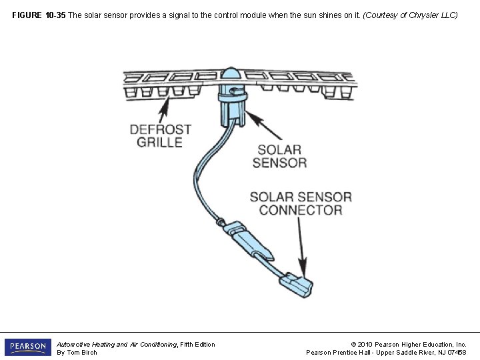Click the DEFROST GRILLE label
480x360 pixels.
160,135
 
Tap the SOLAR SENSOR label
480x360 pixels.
279,156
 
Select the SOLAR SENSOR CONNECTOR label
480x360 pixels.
300,203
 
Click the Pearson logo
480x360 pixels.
28,347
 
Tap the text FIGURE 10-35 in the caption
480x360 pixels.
39,15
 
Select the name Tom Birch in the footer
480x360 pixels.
83,353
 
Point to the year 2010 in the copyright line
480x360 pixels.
365,344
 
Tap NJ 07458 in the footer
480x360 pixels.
451,353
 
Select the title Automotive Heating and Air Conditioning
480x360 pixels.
117,344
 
